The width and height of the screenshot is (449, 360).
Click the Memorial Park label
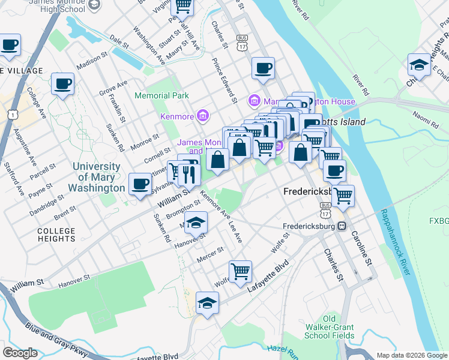(x=161, y=95)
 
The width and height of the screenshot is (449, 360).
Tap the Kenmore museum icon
(x=203, y=115)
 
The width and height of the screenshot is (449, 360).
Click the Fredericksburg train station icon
(x=341, y=226)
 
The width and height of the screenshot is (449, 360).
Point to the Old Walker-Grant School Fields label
(x=330, y=327)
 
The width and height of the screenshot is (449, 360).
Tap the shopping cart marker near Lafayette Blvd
(x=240, y=271)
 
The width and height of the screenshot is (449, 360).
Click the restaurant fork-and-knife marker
(x=189, y=175)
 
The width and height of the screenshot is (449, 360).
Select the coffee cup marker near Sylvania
(x=140, y=184)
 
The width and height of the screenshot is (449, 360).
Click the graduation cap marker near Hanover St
(x=196, y=223)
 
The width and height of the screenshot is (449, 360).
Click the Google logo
(x=20, y=353)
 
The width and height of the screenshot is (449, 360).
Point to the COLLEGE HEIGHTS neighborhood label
(x=56, y=235)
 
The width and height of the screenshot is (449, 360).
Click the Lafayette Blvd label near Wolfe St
(x=268, y=277)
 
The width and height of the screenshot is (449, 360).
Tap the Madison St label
(x=91, y=61)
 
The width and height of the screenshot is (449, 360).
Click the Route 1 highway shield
(x=11, y=113)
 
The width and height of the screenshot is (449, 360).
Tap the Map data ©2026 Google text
(x=412, y=355)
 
